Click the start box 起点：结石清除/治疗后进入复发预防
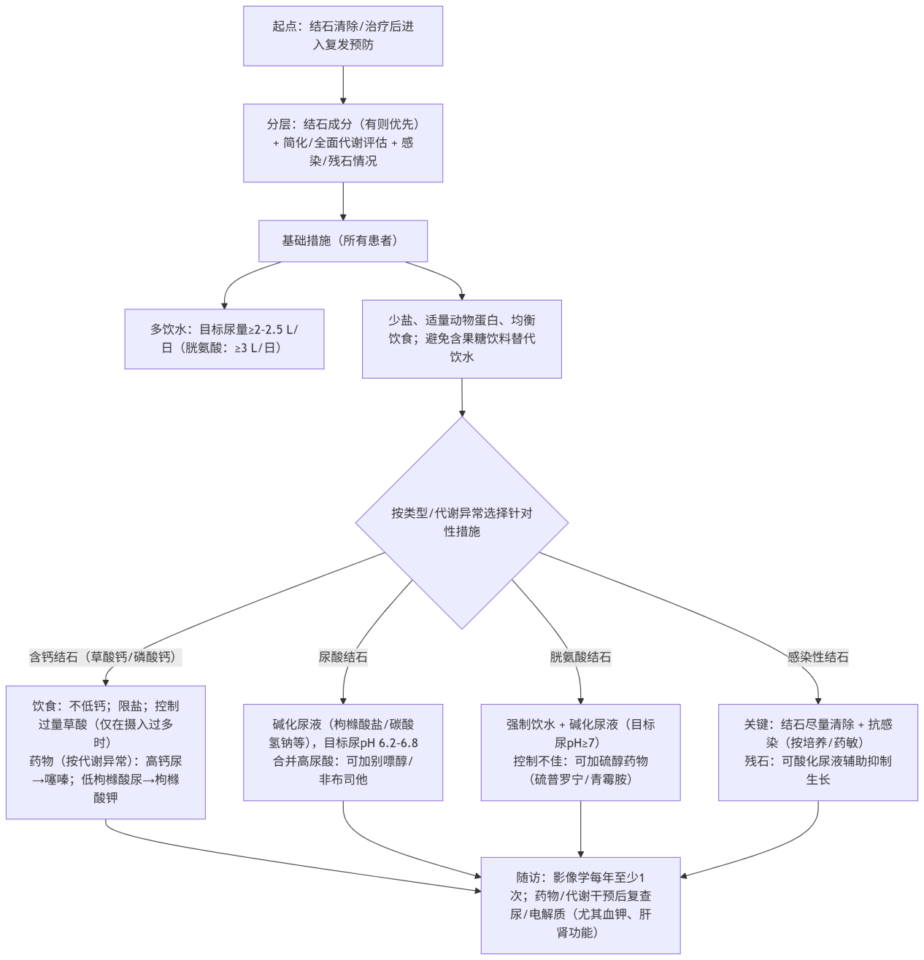point(343,36)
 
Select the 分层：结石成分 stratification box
point(343,143)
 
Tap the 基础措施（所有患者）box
point(343,241)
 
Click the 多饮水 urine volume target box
point(224,338)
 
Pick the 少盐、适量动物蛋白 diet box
point(461,338)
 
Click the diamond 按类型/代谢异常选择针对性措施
point(461,522)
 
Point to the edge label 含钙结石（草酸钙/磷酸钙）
point(105,657)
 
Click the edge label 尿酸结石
point(343,657)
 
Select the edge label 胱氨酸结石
point(580,657)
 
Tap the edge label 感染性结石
point(817,657)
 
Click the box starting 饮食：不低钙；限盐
point(105,752)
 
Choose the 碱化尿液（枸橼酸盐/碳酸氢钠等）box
point(343,752)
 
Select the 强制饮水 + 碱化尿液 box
point(580,752)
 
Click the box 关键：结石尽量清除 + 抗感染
point(817,752)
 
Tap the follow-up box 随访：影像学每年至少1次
point(580,905)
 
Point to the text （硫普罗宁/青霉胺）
point(580,780)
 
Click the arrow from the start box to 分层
point(343,85)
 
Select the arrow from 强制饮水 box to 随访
point(580,829)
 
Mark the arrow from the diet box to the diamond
point(461,397)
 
